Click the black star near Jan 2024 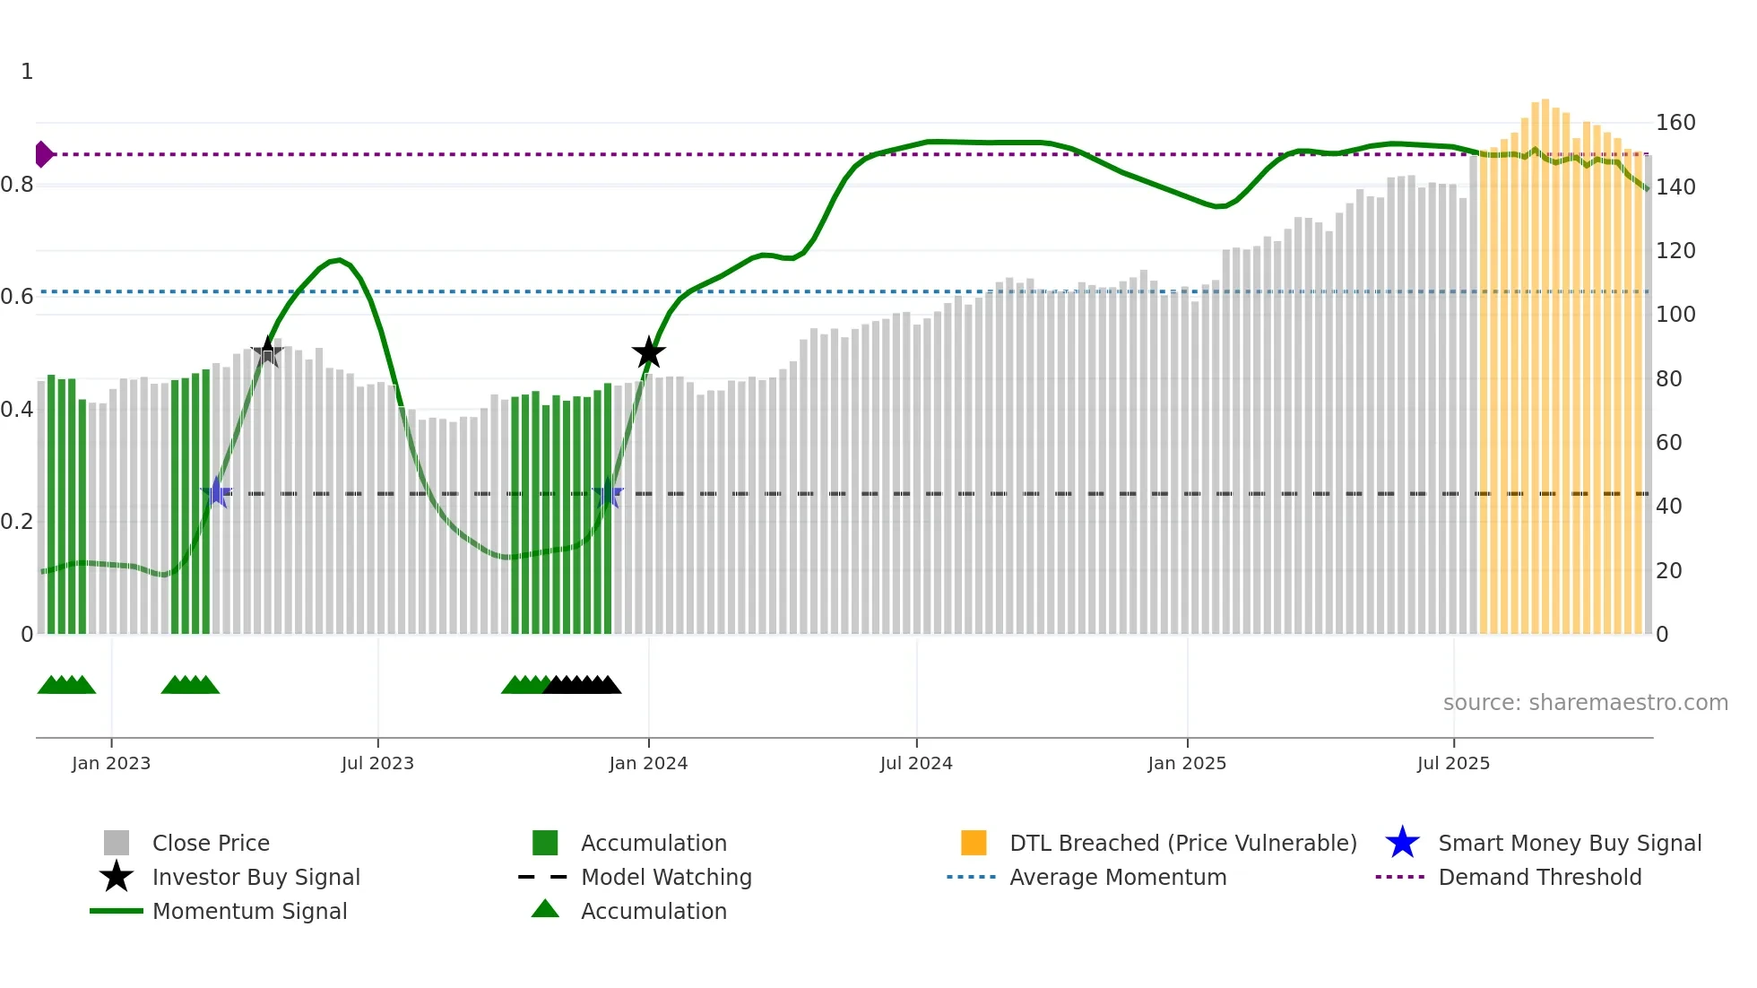pos(648,352)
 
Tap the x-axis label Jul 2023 pos(377,763)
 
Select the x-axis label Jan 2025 pos(1187,763)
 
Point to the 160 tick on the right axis pos(1675,123)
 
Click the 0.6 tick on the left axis pos(17,297)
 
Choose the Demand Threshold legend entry pos(1539,877)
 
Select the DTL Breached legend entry pos(1182,843)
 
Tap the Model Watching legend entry pos(665,877)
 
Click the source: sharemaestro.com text pos(1585,702)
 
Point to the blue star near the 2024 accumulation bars pos(608,493)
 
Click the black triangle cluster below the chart pos(582,685)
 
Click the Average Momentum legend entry pos(1117,877)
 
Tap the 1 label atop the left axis pos(27,72)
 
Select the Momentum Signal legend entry pos(249,911)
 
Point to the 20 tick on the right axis pos(1668,571)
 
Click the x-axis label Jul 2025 pos(1453,763)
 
